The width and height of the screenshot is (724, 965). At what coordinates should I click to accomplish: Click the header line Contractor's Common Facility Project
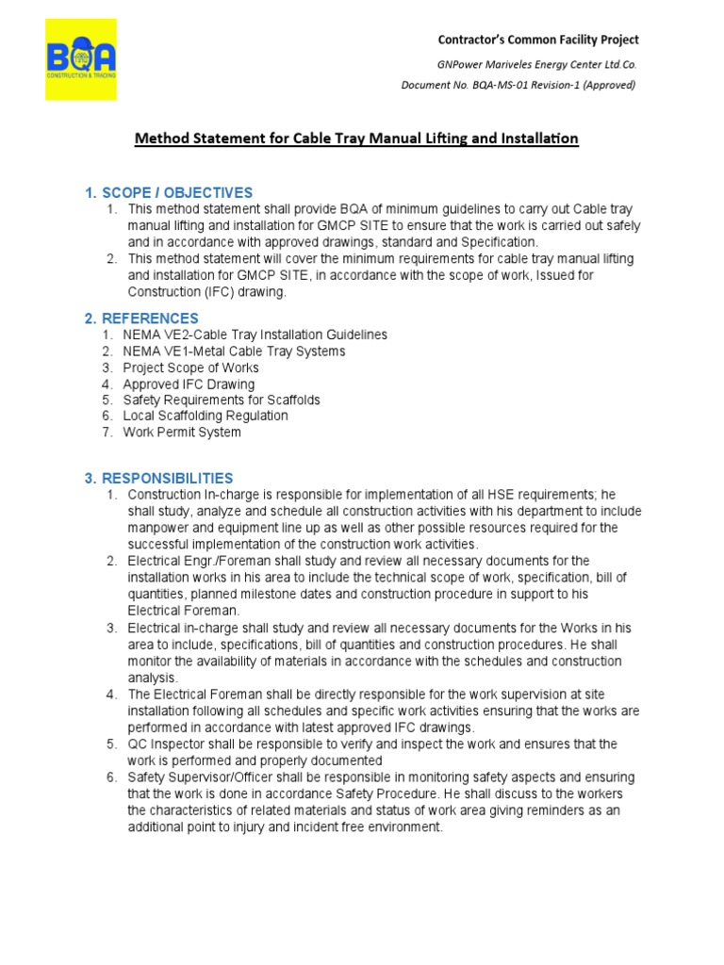point(538,40)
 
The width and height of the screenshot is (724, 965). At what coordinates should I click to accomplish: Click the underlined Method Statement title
point(356,139)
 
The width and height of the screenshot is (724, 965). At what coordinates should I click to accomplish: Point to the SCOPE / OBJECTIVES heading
point(169,193)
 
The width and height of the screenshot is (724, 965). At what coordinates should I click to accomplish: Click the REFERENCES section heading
point(141,319)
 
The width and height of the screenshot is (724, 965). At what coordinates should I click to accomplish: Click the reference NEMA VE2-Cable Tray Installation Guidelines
point(255,335)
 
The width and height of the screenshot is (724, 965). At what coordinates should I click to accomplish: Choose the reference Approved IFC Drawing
point(189,384)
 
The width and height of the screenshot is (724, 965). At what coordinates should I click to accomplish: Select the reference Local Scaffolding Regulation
point(206,416)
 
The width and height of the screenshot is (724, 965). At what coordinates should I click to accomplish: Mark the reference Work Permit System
point(182,433)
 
